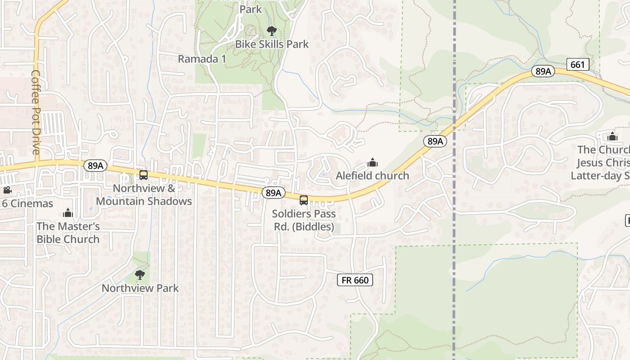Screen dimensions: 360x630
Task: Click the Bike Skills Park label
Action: point(272,44)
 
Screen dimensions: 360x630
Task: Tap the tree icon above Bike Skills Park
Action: point(271,31)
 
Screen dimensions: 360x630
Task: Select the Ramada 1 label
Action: point(202,59)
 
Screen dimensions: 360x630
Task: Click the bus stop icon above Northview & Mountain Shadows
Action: point(144,175)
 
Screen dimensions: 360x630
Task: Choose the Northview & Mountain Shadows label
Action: point(144,195)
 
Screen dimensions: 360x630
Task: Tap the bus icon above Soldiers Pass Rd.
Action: point(304,200)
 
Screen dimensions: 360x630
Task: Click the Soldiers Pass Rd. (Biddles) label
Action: point(304,220)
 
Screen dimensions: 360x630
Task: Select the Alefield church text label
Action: point(372,175)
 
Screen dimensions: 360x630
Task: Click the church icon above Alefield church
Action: point(373,162)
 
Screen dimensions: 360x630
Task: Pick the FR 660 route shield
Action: point(355,280)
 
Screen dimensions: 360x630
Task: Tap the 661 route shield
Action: point(577,65)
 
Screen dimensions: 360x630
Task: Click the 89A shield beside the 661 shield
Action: point(543,71)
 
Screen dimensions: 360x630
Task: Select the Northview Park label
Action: point(140,288)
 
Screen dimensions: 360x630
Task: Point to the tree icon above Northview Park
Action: point(140,274)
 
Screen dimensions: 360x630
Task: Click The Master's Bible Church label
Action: point(68,233)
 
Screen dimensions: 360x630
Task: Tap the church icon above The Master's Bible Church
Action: point(68,212)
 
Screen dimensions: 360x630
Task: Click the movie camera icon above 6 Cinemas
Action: point(7,190)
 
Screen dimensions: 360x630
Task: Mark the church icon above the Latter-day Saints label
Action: point(612,136)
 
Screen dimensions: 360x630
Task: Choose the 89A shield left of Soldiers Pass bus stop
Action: point(273,193)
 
